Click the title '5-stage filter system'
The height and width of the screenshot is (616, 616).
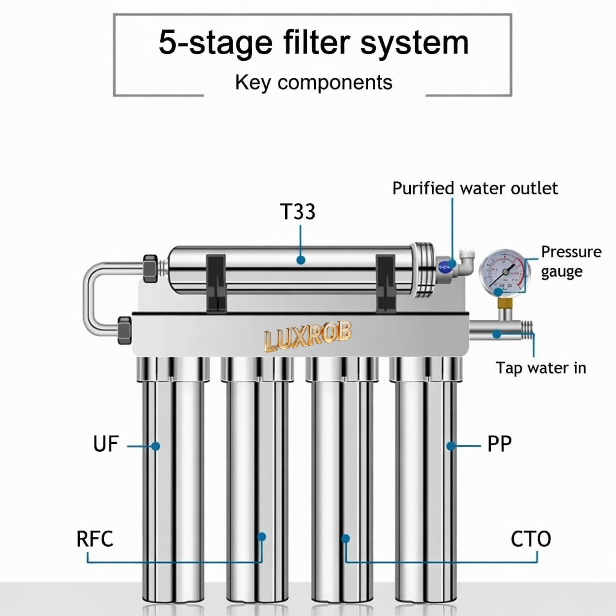(x=313, y=43)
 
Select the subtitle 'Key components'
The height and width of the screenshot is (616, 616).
(x=313, y=82)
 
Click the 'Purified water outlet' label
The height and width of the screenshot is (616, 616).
(x=475, y=188)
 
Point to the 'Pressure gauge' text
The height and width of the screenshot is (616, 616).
(x=571, y=262)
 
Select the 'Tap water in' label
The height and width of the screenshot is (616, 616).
(x=541, y=368)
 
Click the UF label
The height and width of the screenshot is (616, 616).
(x=106, y=444)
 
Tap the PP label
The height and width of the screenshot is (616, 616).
(x=499, y=444)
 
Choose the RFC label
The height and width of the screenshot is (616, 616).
(x=94, y=538)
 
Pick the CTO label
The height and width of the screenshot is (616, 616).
(x=531, y=538)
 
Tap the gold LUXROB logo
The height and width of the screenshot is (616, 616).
(x=308, y=336)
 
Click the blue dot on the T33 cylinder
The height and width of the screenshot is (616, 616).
(x=301, y=260)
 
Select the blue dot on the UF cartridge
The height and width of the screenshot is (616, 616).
(x=156, y=446)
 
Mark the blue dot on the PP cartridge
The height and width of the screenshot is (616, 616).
(x=451, y=446)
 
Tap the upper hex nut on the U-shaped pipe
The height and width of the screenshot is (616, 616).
(x=150, y=269)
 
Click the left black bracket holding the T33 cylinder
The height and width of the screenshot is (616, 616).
(x=216, y=283)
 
